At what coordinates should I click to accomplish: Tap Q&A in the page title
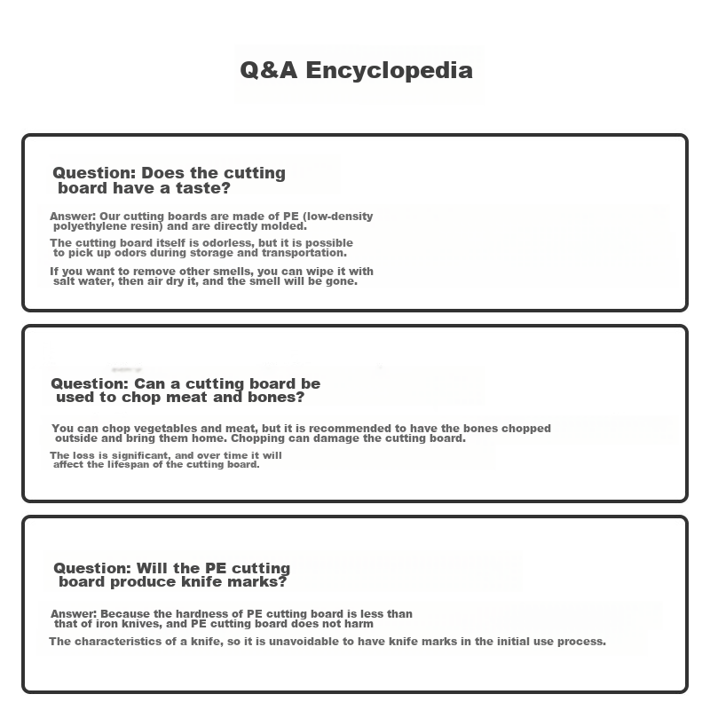[x=270, y=70]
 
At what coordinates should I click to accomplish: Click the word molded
[x=285, y=226]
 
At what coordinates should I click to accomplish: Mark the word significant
[x=131, y=455]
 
